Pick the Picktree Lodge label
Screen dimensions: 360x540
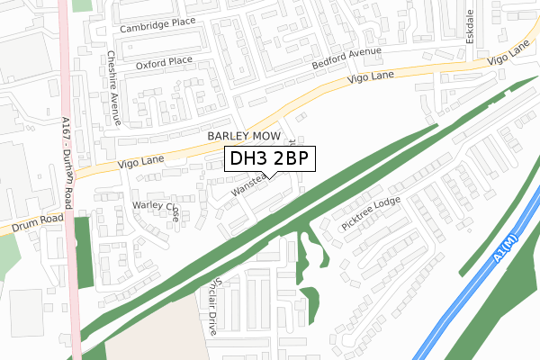371,215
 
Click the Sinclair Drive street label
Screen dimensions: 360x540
208,301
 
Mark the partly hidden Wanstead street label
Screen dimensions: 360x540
247,186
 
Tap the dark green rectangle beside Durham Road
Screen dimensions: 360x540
83,252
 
